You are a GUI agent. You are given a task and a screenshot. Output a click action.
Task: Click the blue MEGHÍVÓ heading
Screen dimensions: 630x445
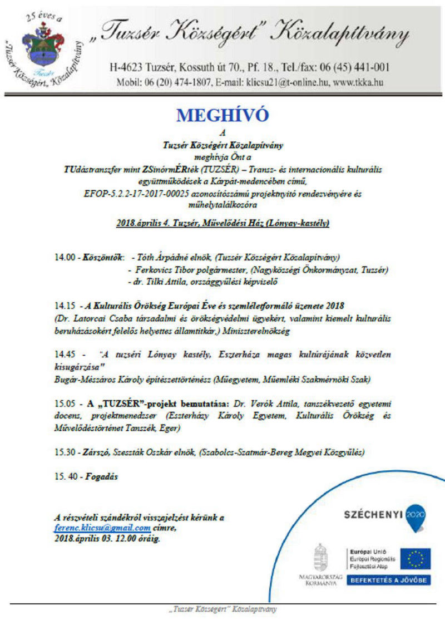point(222,115)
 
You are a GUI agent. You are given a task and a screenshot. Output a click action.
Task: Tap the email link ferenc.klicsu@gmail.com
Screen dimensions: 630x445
point(102,528)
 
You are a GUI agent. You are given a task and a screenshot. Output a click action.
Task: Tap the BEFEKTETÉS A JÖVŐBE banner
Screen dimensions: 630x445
point(388,580)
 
